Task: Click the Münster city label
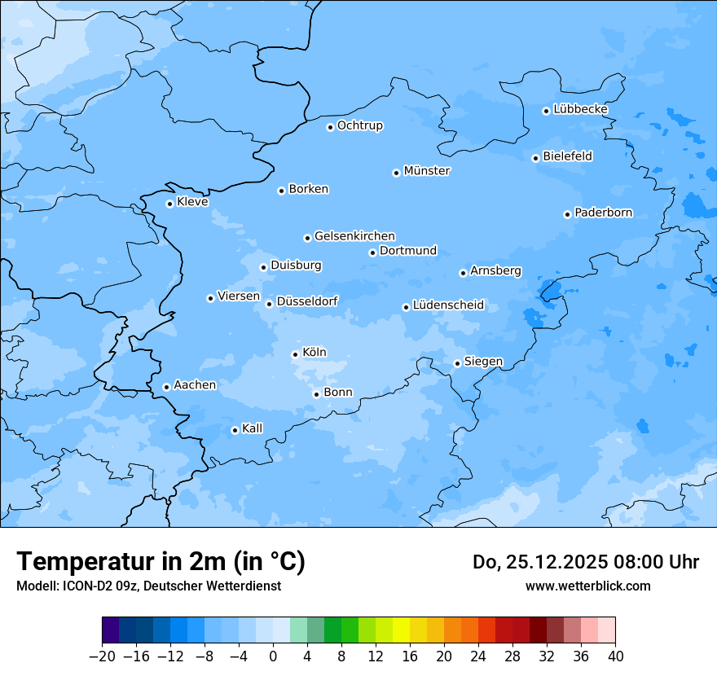pos(427,171)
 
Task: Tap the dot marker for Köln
pos(295,354)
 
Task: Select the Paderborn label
pos(603,213)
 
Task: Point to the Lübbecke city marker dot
pos(546,111)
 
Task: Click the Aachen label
pos(195,385)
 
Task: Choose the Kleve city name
pos(192,202)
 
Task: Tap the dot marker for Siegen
pos(457,363)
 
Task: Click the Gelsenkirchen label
pos(354,236)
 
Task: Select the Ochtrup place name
pos(360,125)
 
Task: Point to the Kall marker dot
pos(235,430)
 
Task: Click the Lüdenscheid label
pos(448,305)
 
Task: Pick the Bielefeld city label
pos(567,156)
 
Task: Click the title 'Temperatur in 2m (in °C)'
pos(161,561)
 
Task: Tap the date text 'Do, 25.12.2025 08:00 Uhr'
pos(585,562)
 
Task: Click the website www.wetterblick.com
pos(587,586)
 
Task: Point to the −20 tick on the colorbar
pos(102,656)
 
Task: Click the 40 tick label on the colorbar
pos(615,656)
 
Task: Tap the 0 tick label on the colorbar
pos(273,656)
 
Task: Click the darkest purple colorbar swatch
pos(110,630)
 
